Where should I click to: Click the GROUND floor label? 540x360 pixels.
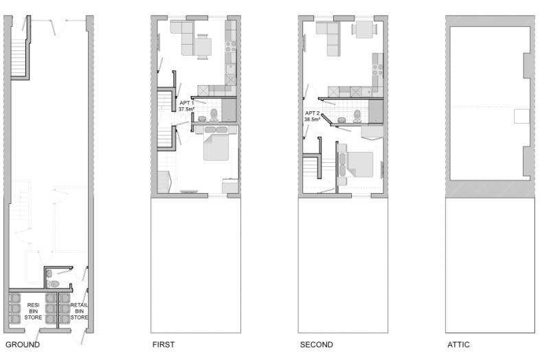click(23, 344)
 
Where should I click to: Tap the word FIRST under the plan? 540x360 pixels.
click(164, 344)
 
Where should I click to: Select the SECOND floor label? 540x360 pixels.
click(317, 344)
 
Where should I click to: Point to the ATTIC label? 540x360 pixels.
click(458, 344)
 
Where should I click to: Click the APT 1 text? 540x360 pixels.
click(187, 103)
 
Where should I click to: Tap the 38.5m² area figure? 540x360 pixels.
click(313, 120)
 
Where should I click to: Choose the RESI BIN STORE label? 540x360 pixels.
click(34, 311)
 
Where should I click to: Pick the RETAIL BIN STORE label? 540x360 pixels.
click(79, 311)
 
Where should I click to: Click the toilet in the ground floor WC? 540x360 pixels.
click(53, 284)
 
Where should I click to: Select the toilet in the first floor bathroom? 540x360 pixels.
click(214, 115)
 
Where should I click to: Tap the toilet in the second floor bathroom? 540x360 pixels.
click(357, 116)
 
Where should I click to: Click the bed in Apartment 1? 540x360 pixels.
click(216, 144)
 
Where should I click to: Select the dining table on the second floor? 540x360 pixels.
click(364, 30)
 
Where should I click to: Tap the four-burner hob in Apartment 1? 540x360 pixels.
click(231, 47)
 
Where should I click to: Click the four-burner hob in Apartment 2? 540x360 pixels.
click(378, 70)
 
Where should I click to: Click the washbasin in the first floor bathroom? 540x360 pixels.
click(202, 119)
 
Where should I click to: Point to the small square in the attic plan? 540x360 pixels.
click(521, 116)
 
